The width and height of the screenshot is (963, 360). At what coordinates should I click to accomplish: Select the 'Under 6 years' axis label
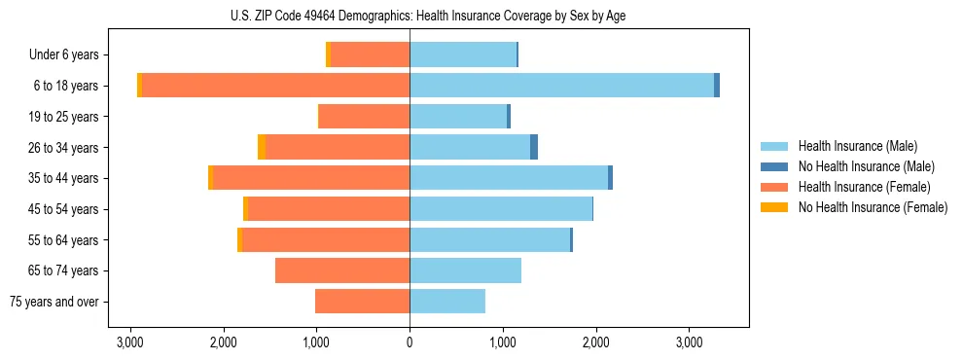pos(64,55)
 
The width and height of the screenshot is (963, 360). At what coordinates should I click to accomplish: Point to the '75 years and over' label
pos(54,302)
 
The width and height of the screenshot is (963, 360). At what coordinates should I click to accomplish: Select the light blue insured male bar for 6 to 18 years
pos(561,86)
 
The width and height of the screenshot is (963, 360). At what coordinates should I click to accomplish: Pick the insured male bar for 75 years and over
pos(447,302)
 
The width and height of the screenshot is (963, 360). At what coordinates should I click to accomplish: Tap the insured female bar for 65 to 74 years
pos(342,270)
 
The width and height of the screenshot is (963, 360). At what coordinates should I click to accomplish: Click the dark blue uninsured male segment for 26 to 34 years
pos(534,147)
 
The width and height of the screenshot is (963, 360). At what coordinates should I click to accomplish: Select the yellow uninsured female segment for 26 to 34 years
pos(262,147)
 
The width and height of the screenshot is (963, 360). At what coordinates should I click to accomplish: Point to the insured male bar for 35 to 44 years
pos(509,178)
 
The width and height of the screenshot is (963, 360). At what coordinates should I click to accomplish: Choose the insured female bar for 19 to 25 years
pos(364,117)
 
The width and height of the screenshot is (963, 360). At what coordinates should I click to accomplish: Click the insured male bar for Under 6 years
pos(463,55)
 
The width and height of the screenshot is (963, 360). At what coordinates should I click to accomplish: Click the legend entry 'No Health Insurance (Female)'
pos(873,207)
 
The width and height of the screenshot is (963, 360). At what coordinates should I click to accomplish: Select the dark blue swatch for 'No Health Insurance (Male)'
pos(775,166)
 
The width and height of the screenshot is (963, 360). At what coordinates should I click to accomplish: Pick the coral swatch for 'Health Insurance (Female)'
pos(775,187)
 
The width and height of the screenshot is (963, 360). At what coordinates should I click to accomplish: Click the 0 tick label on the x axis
pos(410,342)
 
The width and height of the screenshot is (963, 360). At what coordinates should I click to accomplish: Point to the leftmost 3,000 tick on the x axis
pos(130,342)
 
